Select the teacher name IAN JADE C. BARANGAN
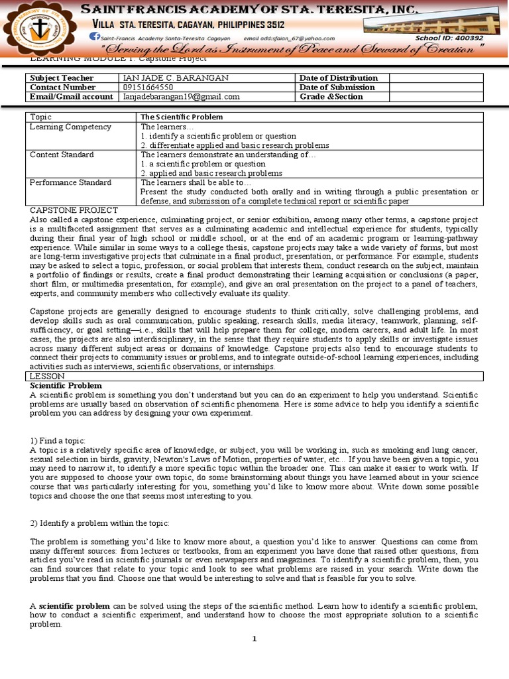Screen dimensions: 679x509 (176, 78)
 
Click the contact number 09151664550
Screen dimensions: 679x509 (148, 88)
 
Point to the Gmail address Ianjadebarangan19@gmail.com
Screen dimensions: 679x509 (181, 97)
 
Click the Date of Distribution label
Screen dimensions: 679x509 (339, 78)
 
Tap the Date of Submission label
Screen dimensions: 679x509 (337, 88)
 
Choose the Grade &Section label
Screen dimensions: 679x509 (331, 97)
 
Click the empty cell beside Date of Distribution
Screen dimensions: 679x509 (436, 78)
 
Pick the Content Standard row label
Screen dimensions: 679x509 (62, 154)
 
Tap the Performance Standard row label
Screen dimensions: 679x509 (71, 182)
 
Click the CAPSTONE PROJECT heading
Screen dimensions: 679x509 (74, 210)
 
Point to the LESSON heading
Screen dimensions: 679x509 (46, 376)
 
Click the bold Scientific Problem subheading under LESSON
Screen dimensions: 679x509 (66, 385)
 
